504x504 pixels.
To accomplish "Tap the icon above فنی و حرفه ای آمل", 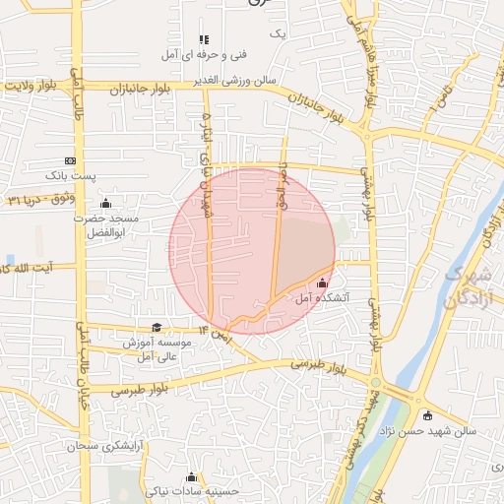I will (x=204, y=39).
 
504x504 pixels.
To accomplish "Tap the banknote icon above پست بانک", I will (x=70, y=160).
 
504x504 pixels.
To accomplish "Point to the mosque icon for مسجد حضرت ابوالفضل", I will (x=106, y=204).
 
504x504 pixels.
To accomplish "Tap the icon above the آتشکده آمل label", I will (x=322, y=283).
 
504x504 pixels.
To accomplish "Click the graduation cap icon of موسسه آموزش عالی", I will (x=157, y=329).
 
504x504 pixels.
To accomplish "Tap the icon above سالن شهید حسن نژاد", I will (x=427, y=414).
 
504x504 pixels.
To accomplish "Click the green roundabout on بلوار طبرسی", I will (x=375, y=382).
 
